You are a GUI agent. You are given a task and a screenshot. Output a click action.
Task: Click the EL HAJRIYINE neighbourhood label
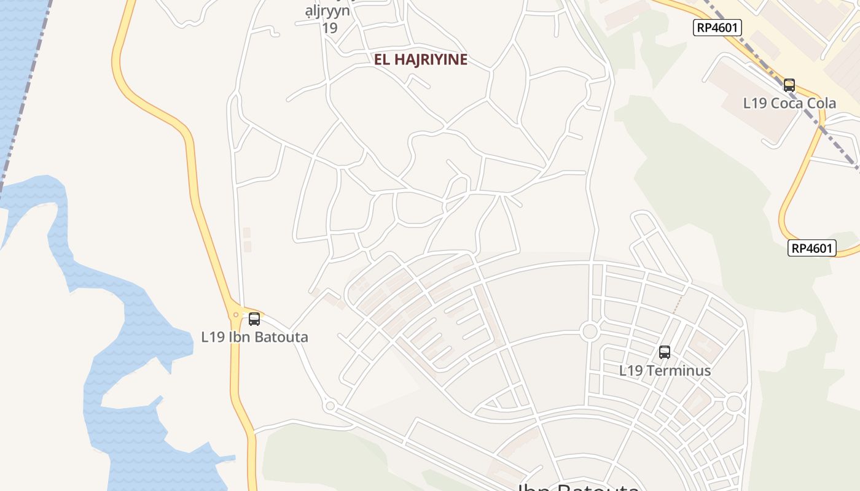(x=421, y=60)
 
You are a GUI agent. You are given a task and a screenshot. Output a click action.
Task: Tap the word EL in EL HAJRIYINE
(x=382, y=60)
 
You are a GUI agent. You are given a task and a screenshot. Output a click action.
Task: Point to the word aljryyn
(x=328, y=11)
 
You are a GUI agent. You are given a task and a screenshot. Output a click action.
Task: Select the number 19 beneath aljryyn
(x=330, y=28)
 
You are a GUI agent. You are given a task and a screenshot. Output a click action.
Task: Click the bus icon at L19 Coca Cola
(x=789, y=85)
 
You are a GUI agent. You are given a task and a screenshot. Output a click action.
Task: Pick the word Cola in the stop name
(x=822, y=103)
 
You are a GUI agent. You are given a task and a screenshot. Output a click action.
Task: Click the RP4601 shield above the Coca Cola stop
(x=717, y=27)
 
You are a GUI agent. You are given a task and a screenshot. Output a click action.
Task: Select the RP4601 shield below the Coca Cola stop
(x=812, y=248)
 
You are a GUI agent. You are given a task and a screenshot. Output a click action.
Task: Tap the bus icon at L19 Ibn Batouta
(x=254, y=319)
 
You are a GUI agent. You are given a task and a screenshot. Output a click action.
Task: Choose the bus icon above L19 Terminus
(x=665, y=352)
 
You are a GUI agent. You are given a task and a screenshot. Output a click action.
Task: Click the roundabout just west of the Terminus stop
(x=590, y=331)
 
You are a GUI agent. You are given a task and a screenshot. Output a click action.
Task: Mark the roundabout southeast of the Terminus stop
(x=734, y=404)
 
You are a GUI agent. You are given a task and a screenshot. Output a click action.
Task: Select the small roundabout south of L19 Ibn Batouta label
(x=330, y=406)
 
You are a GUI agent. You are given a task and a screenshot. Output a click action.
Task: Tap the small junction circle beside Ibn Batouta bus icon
(x=236, y=315)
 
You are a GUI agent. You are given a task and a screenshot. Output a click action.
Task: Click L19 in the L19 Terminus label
(x=630, y=371)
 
